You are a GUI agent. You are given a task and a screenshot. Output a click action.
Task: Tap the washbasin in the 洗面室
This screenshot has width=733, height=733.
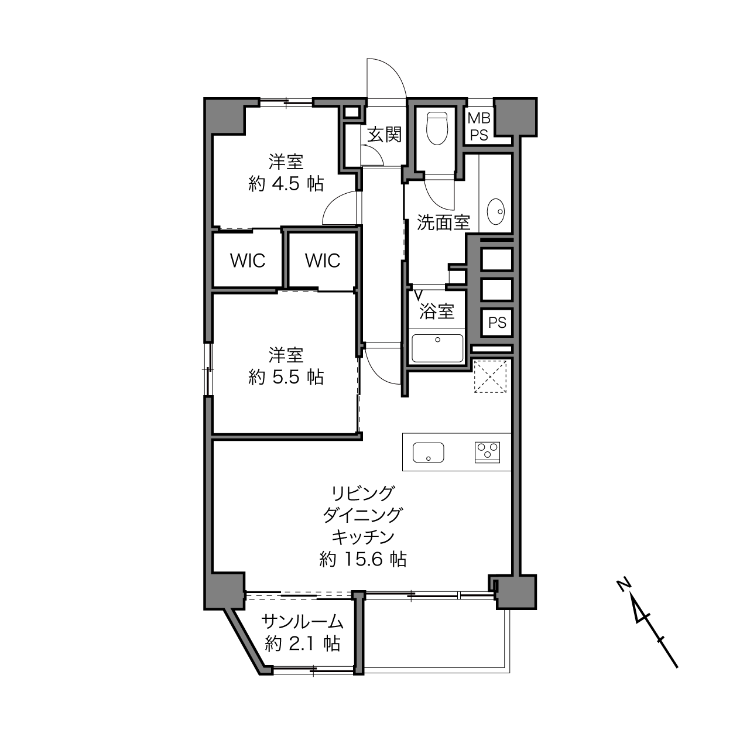click(496, 211)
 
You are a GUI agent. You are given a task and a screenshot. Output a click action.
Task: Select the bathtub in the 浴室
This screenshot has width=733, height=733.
click(437, 348)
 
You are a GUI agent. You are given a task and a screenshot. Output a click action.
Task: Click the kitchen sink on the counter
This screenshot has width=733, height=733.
click(429, 453)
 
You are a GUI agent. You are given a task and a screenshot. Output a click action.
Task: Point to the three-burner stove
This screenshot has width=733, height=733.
click(487, 453)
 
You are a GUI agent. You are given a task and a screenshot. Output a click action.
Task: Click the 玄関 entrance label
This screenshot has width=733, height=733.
click(385, 135)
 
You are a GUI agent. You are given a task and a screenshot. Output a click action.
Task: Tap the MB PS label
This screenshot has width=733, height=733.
click(479, 126)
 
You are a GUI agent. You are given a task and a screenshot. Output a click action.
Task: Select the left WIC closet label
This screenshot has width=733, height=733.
click(248, 261)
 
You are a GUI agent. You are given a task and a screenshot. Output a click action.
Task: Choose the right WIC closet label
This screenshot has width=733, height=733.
click(323, 261)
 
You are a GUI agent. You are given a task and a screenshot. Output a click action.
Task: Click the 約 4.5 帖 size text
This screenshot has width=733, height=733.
click(286, 184)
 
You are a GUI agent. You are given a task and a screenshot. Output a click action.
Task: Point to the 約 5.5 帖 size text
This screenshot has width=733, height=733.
click(286, 378)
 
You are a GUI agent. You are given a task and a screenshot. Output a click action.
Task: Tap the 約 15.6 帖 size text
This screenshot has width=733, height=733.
click(363, 560)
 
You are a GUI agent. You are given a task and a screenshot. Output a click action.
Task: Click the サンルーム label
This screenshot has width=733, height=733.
click(303, 622)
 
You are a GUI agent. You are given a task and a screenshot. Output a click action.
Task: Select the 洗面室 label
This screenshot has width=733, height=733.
click(444, 222)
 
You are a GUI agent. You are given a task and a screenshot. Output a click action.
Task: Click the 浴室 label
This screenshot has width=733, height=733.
click(437, 311)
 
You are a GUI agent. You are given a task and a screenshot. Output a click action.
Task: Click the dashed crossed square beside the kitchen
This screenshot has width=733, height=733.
click(490, 376)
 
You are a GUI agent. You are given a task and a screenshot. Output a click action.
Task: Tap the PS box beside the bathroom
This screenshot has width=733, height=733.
click(497, 323)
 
